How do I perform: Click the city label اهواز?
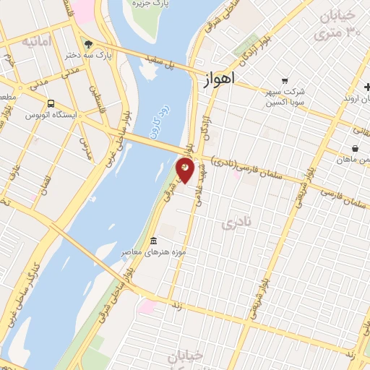pos(215,82)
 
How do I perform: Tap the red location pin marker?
pos(185,171)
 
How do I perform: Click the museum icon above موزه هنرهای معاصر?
pos(153,241)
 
